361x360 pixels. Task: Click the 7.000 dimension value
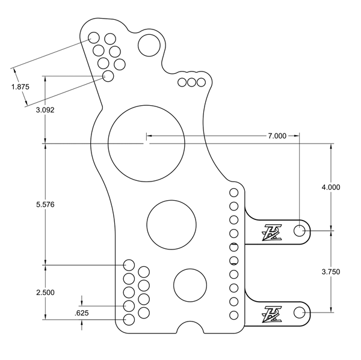point(277,136)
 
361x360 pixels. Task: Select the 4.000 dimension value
point(331,187)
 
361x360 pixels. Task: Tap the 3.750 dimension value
point(331,272)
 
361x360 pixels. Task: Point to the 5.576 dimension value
point(46,204)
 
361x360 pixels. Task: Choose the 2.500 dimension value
point(46,292)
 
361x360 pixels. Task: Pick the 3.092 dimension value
point(46,110)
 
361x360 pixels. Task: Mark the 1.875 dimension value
point(20,87)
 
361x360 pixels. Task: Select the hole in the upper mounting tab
point(299,231)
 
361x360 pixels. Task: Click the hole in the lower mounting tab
point(299,311)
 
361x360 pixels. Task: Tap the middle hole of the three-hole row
point(192,82)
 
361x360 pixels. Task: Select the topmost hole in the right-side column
point(234,192)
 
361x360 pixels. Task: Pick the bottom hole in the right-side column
point(234,315)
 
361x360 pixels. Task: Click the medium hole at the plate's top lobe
point(149,44)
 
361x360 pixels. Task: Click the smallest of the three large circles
point(190,285)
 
